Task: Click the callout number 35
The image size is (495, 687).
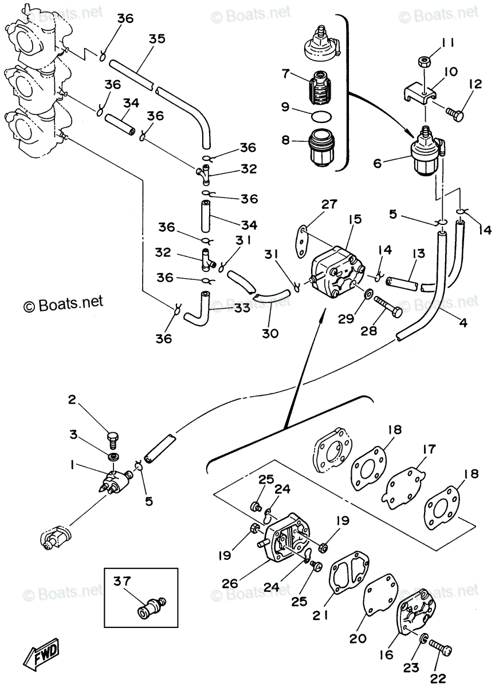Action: click(158, 39)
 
